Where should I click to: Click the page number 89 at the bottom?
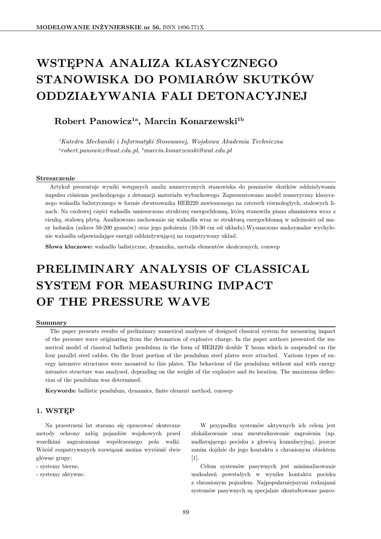[186, 512]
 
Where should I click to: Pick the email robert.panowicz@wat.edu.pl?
[100, 151]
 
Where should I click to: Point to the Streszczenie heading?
[55, 177]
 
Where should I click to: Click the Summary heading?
[51, 322]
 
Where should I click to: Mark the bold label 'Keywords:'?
[61, 391]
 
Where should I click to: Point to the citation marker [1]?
[195, 458]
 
